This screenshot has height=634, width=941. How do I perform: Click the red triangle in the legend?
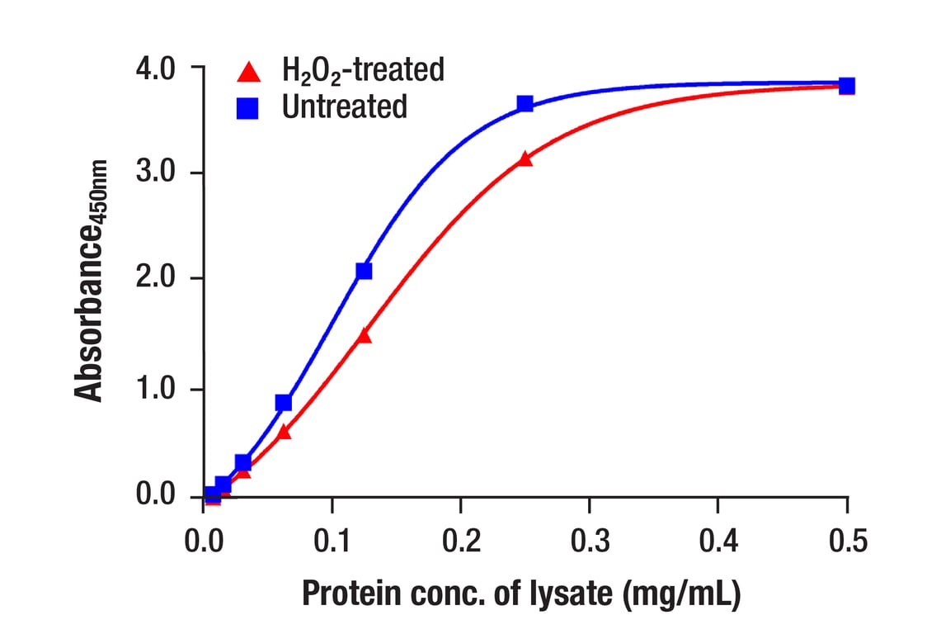[249, 71]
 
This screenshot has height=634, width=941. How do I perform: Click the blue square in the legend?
[247, 108]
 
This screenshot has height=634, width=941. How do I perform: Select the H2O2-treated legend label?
[363, 70]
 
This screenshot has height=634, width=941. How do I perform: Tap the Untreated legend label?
[345, 106]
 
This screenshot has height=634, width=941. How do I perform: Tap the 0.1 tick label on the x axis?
[332, 542]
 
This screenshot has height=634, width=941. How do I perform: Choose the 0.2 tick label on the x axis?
[460, 542]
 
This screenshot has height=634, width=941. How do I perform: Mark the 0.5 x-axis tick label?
[847, 542]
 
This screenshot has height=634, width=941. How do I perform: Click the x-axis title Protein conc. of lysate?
[520, 594]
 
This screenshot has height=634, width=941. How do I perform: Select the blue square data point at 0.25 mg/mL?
[525, 104]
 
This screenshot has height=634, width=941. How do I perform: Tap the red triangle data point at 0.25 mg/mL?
[525, 158]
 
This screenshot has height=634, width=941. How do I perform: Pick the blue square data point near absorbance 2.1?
[364, 271]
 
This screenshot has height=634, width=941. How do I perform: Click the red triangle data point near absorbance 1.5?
[365, 335]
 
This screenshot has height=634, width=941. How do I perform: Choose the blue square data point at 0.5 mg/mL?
[847, 86]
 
